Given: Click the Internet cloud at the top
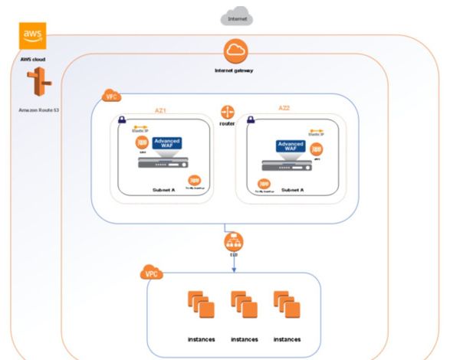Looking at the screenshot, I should [236, 15].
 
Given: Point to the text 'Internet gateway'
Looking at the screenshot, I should [235, 70].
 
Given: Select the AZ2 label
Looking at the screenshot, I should [284, 109].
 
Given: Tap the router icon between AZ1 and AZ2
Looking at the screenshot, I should [226, 112].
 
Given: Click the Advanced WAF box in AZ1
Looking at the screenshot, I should [168, 144].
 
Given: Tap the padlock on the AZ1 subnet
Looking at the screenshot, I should [123, 121].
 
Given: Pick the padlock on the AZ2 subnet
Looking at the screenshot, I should [247, 121].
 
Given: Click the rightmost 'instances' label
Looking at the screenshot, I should [286, 338].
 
